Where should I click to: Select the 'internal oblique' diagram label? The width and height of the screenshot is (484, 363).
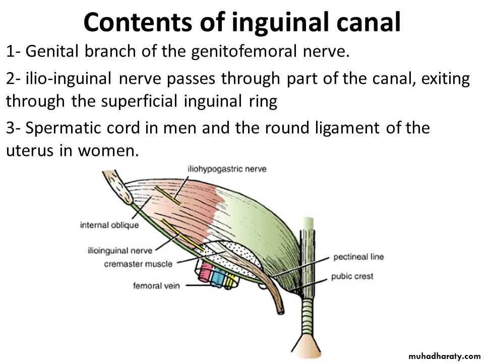[109, 225]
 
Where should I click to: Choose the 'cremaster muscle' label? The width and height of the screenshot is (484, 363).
[138, 264]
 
